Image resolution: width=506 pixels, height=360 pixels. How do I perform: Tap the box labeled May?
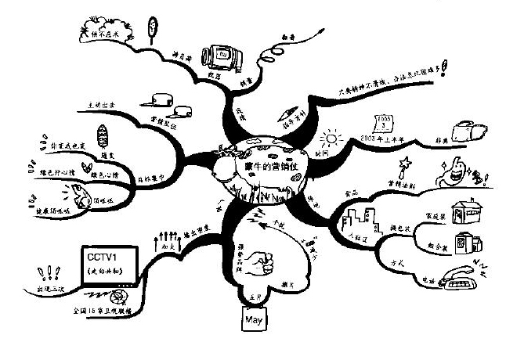coord(251,321)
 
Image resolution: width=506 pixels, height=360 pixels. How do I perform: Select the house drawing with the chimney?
coord(468,208)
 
